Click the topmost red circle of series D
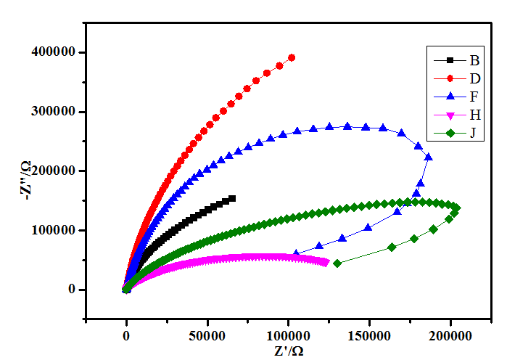click(x=292, y=57)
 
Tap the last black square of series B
click(x=232, y=198)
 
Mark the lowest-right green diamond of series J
click(x=337, y=263)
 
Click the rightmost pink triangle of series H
click(x=326, y=263)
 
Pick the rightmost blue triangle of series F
click(x=428, y=157)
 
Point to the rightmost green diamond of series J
click(x=456, y=208)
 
